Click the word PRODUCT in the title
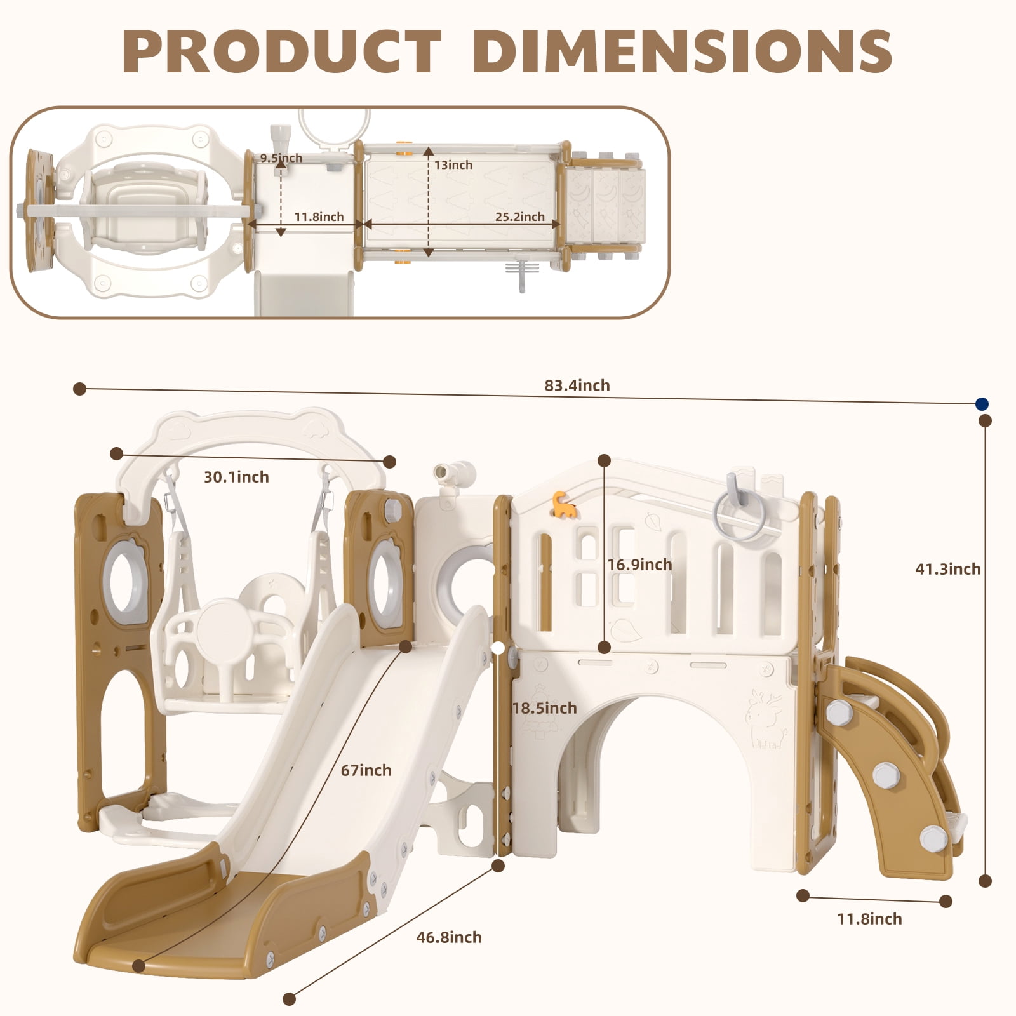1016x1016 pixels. point(282,51)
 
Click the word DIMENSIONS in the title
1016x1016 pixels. point(683,51)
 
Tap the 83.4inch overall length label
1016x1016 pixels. point(577,385)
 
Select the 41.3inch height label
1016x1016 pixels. point(947,569)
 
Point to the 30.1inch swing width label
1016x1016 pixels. point(236,477)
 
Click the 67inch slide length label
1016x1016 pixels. point(366,770)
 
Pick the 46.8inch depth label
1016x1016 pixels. point(449,937)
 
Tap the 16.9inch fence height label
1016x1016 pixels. point(639,565)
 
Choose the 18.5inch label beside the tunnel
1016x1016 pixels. point(545,708)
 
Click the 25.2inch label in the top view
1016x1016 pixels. point(520,217)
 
